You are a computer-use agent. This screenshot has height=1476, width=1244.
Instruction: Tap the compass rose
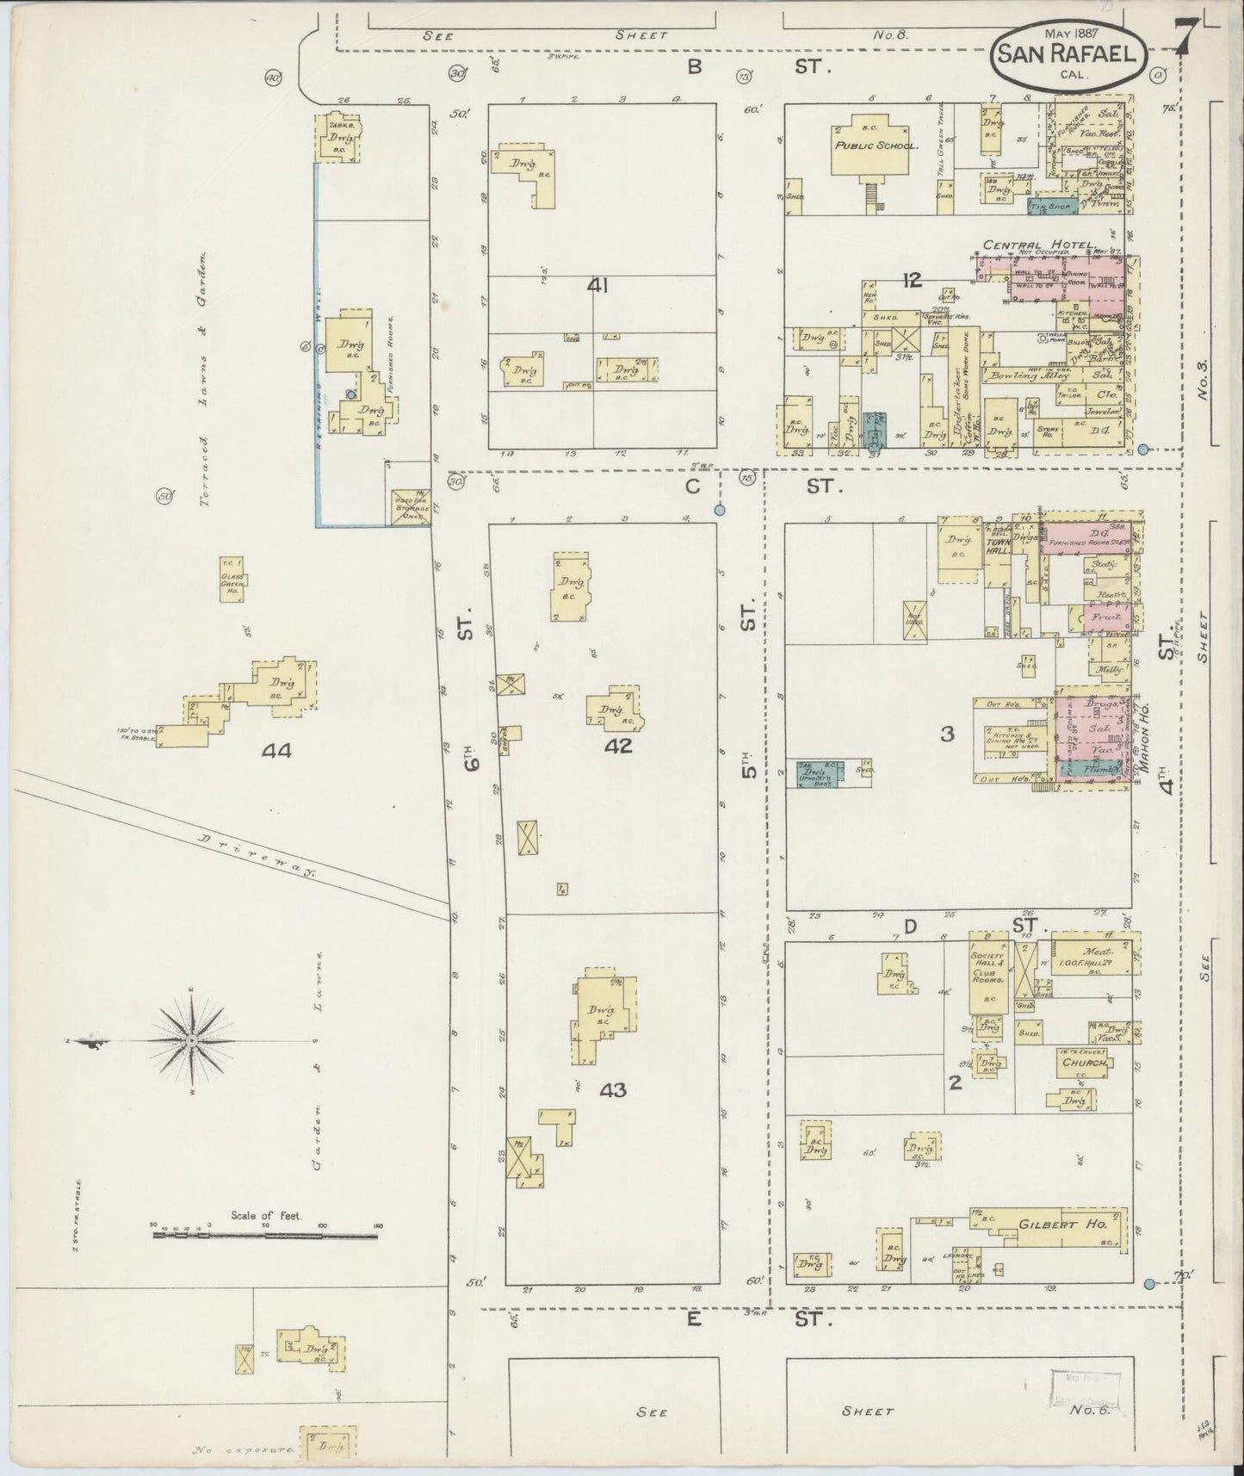click(191, 1041)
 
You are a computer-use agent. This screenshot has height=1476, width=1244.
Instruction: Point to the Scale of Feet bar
click(265, 1236)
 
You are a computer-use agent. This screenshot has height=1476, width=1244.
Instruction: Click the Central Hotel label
click(1039, 245)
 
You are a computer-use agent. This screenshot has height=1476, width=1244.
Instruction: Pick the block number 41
click(597, 285)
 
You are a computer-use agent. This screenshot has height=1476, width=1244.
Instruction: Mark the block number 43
click(612, 1090)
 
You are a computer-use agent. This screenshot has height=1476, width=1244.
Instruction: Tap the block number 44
click(276, 751)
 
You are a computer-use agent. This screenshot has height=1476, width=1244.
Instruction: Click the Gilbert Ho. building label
click(1049, 1225)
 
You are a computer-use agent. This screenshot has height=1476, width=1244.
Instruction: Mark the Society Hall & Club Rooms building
click(989, 972)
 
